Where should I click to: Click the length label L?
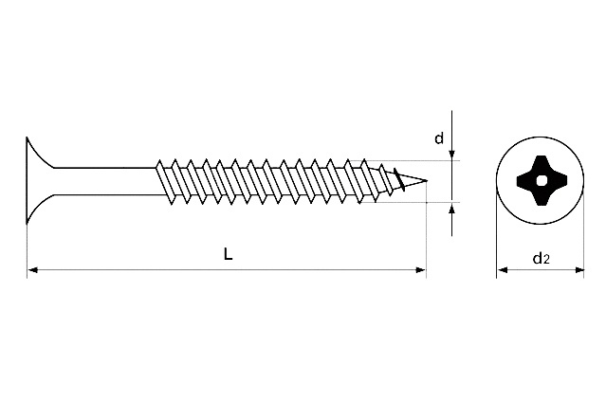click(228, 253)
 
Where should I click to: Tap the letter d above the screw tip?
click(439, 139)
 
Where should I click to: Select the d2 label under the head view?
click(541, 257)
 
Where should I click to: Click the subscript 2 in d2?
click(547, 259)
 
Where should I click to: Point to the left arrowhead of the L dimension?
click(32, 271)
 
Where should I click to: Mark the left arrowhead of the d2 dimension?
click(502, 271)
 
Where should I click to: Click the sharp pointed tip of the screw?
click(427, 180)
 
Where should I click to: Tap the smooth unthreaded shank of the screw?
click(104, 180)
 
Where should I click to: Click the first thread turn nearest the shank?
click(164, 180)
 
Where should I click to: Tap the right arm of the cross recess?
click(558, 180)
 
